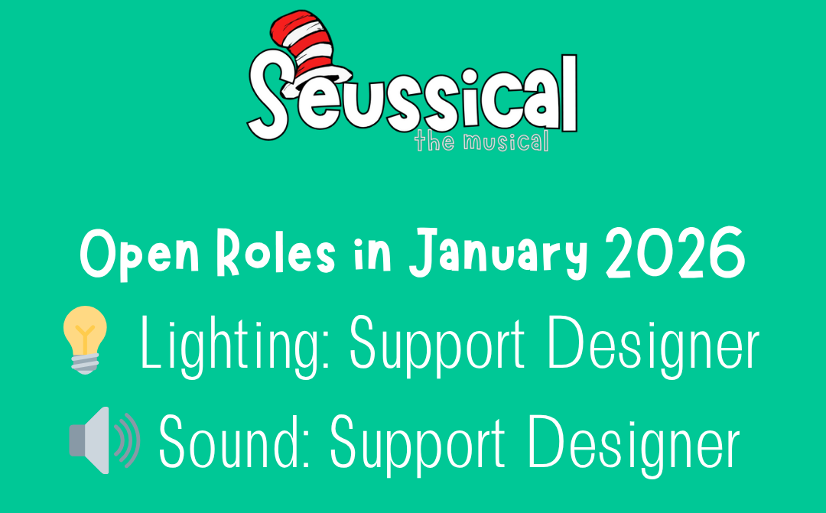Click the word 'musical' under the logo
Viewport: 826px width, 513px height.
(x=506, y=141)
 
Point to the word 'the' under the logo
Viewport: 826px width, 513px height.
(x=434, y=141)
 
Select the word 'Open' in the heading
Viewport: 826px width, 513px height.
(x=140, y=254)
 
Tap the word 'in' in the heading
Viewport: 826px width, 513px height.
(x=372, y=253)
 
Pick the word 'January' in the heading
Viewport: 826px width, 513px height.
(x=499, y=254)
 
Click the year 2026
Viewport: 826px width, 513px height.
(x=675, y=253)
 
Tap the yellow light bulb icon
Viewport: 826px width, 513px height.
(x=85, y=339)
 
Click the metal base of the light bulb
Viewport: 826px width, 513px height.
(x=85, y=363)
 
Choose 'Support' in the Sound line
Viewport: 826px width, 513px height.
(x=418, y=445)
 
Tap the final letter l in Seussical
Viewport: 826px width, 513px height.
(x=569, y=93)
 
